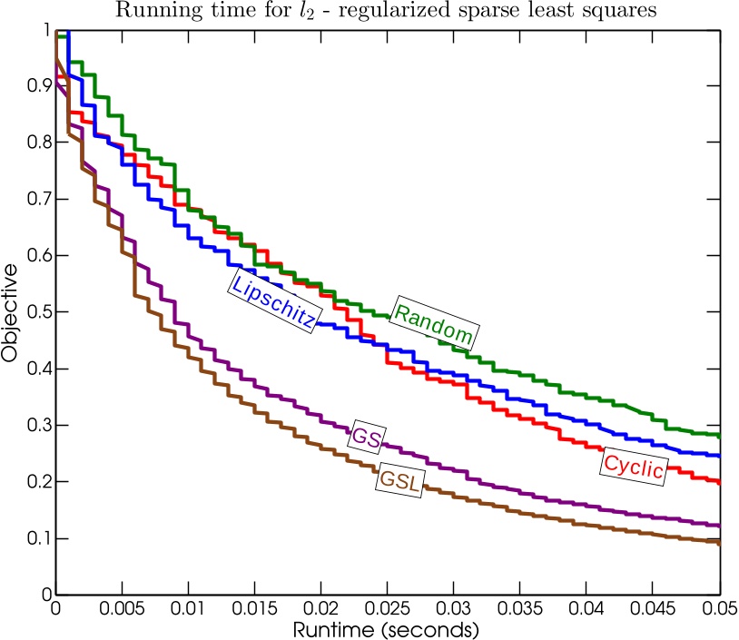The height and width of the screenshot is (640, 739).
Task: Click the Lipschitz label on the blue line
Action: click(x=273, y=300)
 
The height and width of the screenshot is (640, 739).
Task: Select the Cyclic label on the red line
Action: click(x=634, y=468)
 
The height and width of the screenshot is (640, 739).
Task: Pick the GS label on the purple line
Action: click(x=365, y=435)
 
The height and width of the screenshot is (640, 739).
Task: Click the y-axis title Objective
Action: click(x=11, y=312)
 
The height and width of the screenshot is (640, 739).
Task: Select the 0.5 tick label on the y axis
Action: click(x=37, y=312)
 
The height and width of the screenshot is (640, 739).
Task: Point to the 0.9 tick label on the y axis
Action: click(x=37, y=86)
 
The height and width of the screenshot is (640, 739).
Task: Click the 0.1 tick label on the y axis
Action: click(x=37, y=538)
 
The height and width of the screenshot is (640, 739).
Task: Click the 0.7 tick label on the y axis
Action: click(x=37, y=199)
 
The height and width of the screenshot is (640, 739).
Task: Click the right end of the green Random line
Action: click(x=719, y=436)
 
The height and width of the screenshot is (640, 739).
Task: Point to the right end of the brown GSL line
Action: click(x=719, y=543)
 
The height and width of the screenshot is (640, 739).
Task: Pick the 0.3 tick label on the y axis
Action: click(x=37, y=425)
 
